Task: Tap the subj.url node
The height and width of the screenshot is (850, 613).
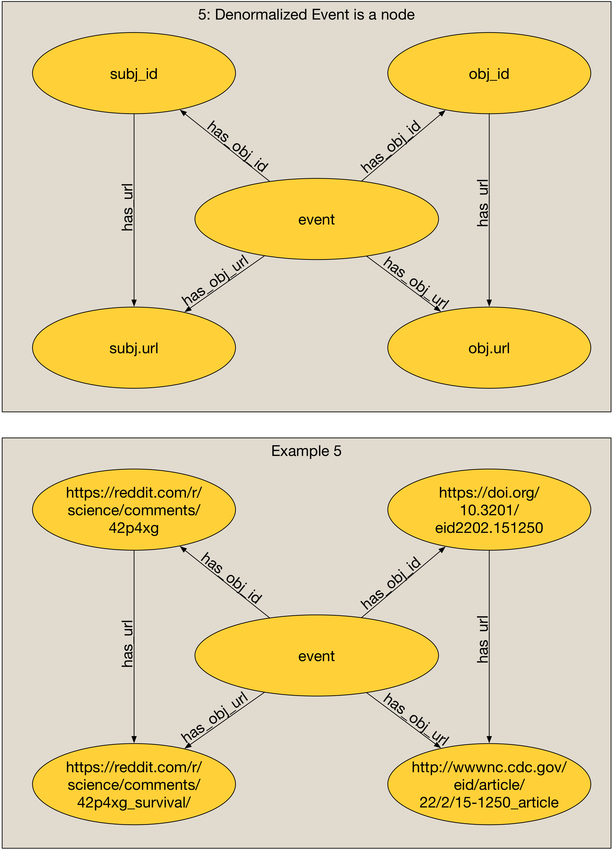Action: point(134,348)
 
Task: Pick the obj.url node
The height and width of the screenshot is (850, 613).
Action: point(489,348)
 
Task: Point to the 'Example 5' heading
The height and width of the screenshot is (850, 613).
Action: point(306,451)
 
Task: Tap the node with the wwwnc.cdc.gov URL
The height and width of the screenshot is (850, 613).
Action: point(489,784)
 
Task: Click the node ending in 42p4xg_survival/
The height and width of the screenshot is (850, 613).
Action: point(134,784)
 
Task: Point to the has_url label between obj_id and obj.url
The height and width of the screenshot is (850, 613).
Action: point(483,203)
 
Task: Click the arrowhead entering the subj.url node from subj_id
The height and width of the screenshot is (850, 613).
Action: point(134,303)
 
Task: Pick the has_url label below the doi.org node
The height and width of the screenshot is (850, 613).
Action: point(483,639)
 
